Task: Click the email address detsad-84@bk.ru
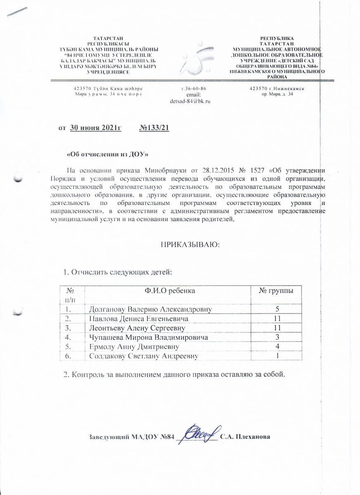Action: point(191,101)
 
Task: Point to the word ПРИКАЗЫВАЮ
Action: point(191,245)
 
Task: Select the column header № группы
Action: point(276,291)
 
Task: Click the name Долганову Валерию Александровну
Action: point(151,309)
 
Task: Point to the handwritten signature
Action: point(201,434)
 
